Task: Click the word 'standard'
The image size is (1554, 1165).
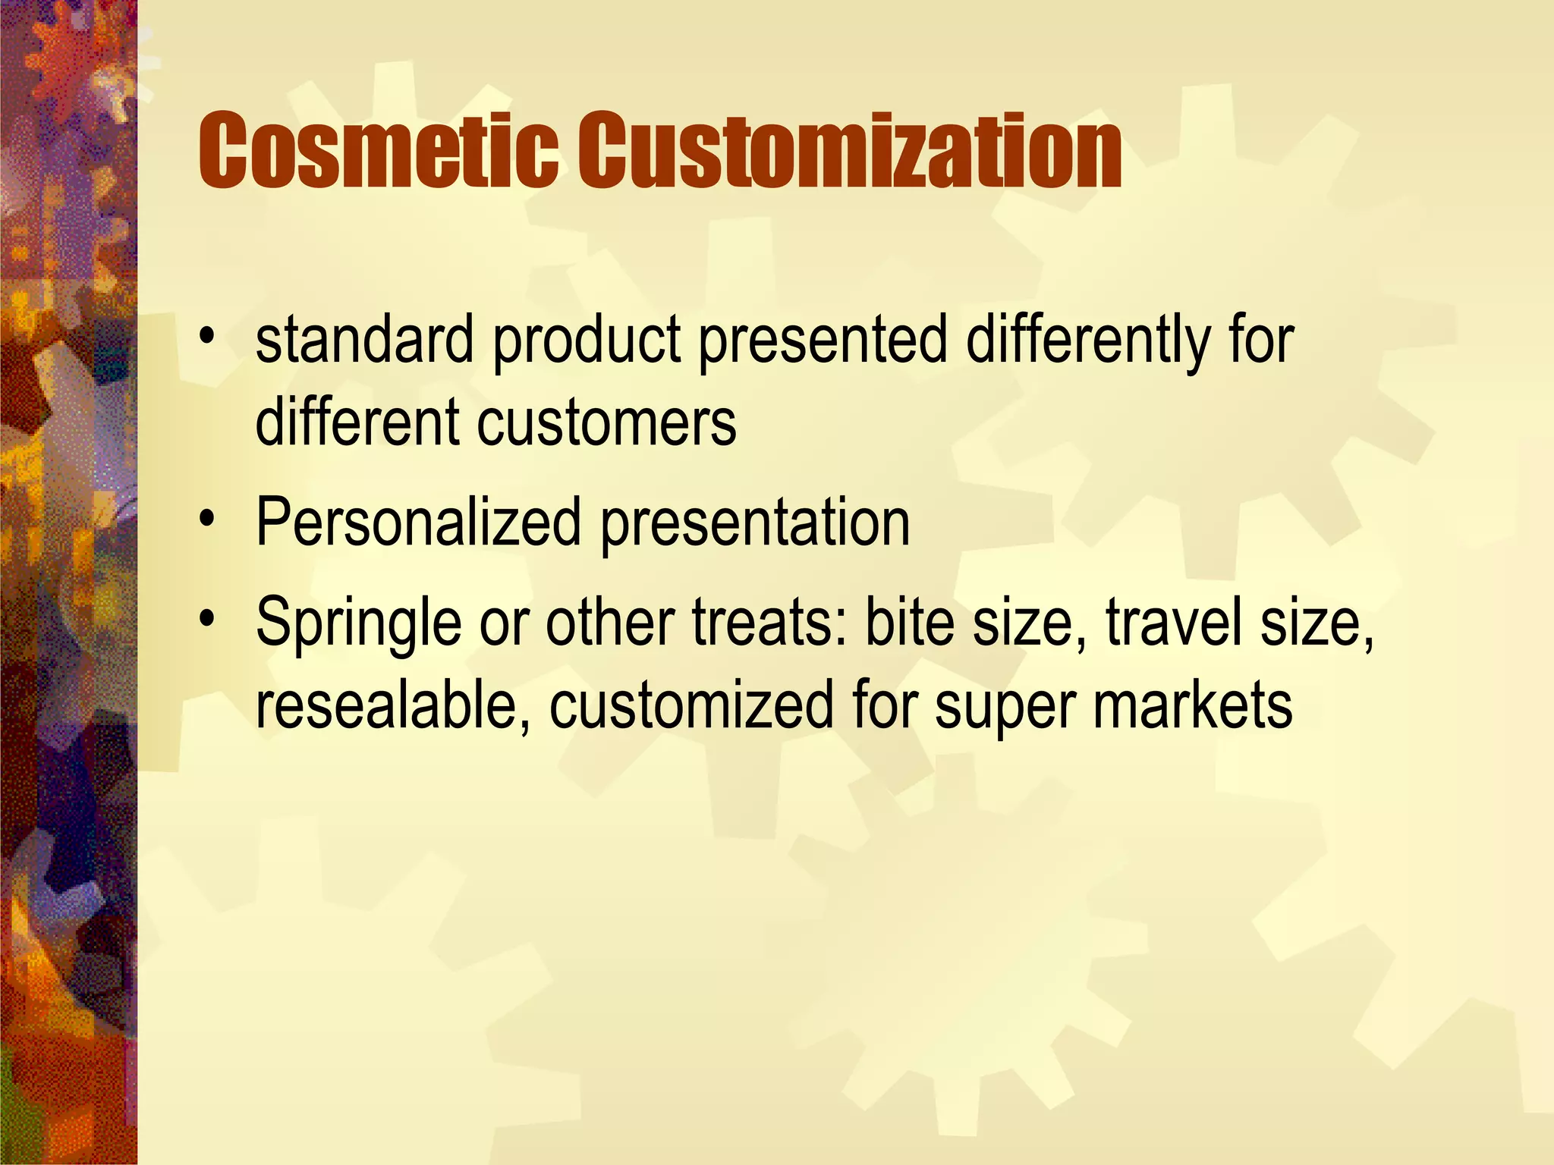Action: pos(365,341)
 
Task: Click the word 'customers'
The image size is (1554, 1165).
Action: pos(606,424)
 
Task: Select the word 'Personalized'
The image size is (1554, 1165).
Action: pos(418,523)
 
